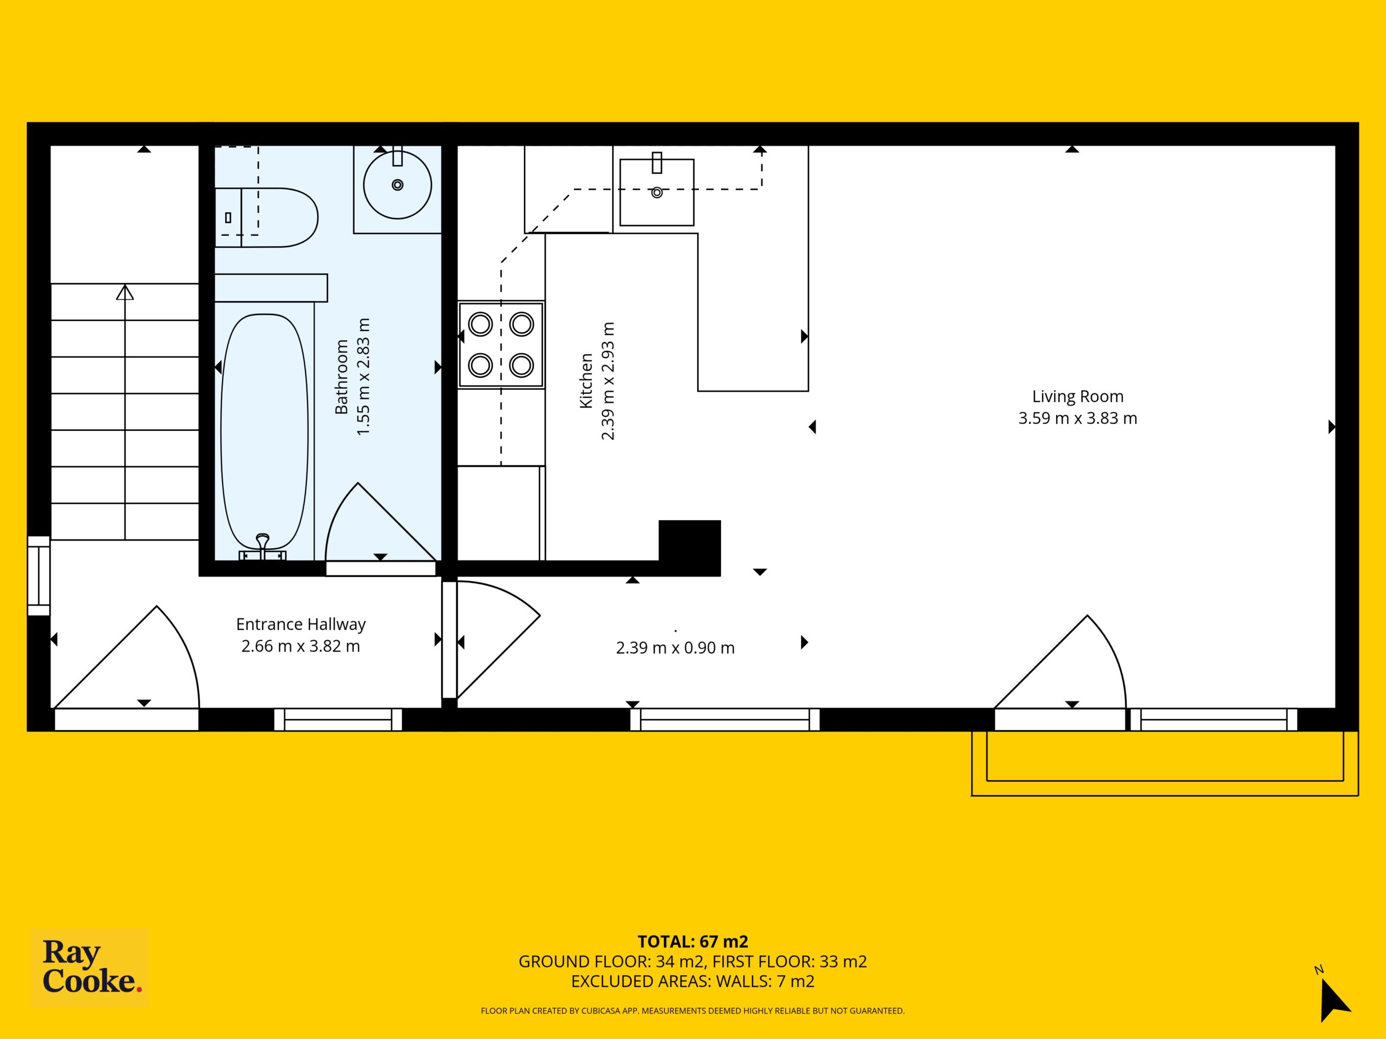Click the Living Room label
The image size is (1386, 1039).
[x=1078, y=397]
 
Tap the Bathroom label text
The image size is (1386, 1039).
[x=342, y=377]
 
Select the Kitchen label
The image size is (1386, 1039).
[x=586, y=381]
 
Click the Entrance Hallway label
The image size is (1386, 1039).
[x=301, y=624]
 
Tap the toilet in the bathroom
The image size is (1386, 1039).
[x=266, y=218]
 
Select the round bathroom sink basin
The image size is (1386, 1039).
[x=397, y=185]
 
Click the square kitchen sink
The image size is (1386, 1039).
[x=657, y=192]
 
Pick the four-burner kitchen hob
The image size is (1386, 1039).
[x=501, y=345]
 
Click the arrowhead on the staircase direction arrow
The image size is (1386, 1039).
[x=125, y=292]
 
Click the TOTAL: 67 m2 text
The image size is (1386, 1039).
[x=692, y=942]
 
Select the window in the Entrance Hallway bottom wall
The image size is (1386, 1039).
[x=338, y=720]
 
